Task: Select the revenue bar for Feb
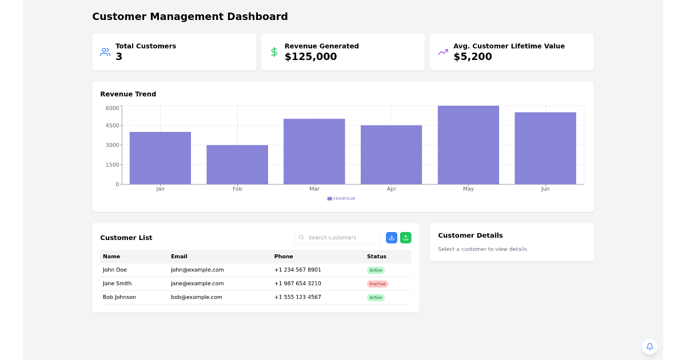coord(237,165)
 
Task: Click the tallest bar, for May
coord(468,145)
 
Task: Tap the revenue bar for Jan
coord(160,158)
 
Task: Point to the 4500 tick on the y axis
coord(113,126)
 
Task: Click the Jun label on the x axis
coord(545,189)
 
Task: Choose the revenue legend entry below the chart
coord(341,198)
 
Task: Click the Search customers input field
coord(342,238)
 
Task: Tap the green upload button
coord(405,238)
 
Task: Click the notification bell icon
coord(649,346)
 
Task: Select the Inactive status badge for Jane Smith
coord(377,284)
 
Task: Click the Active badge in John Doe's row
coord(376,270)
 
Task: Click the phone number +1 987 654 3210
coord(297,283)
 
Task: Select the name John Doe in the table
coord(115,270)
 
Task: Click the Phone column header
coord(284,257)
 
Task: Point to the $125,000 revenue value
coord(310,57)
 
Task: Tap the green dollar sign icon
coord(274,52)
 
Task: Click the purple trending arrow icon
coord(443,52)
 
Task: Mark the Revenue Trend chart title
coord(128,94)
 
